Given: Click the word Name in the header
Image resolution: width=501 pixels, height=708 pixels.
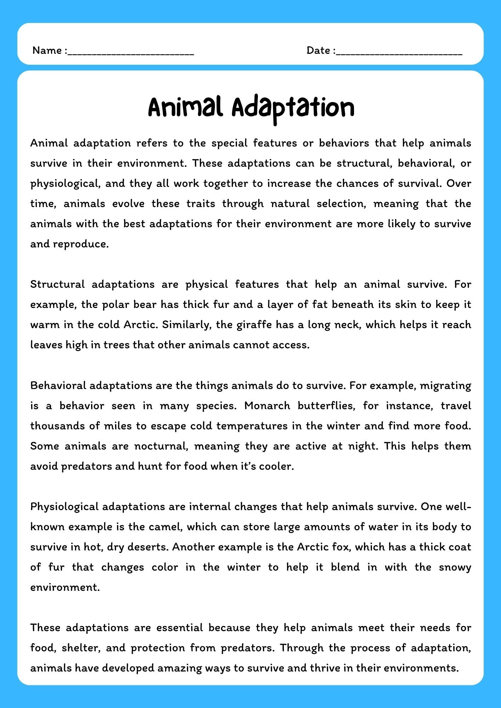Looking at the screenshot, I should [x=47, y=51].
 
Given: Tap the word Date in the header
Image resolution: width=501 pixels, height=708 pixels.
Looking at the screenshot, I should [x=318, y=51].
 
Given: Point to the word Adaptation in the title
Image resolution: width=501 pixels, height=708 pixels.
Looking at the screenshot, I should [x=293, y=108].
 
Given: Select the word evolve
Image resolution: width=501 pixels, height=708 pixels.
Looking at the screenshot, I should [x=128, y=204].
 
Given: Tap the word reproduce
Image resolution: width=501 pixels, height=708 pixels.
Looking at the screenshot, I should [x=81, y=244].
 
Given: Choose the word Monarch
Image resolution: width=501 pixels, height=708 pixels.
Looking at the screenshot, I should [x=267, y=406].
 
